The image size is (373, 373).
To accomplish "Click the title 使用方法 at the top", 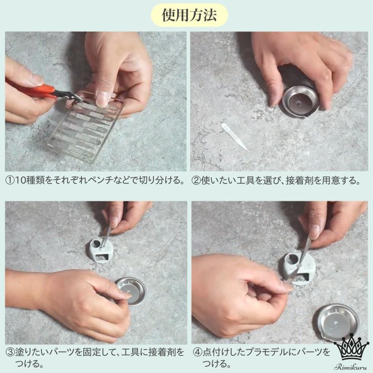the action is coord(189,15).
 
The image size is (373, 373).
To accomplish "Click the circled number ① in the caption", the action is coord(10,180).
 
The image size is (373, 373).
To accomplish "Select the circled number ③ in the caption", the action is coord(10,352).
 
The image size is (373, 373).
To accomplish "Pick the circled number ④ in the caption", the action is coord(197,352).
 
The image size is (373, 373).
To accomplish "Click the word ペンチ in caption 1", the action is coord(108,180).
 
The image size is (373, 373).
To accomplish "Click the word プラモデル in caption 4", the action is coord(268,352).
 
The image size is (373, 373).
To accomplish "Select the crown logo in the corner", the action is coord(351,347).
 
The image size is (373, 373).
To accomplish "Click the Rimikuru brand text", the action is coord(351,367).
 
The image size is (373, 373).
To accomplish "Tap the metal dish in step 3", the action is coord(131,291).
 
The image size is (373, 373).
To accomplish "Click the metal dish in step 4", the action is coord(338,321).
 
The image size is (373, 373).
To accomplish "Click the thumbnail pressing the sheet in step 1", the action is coord(103,98).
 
